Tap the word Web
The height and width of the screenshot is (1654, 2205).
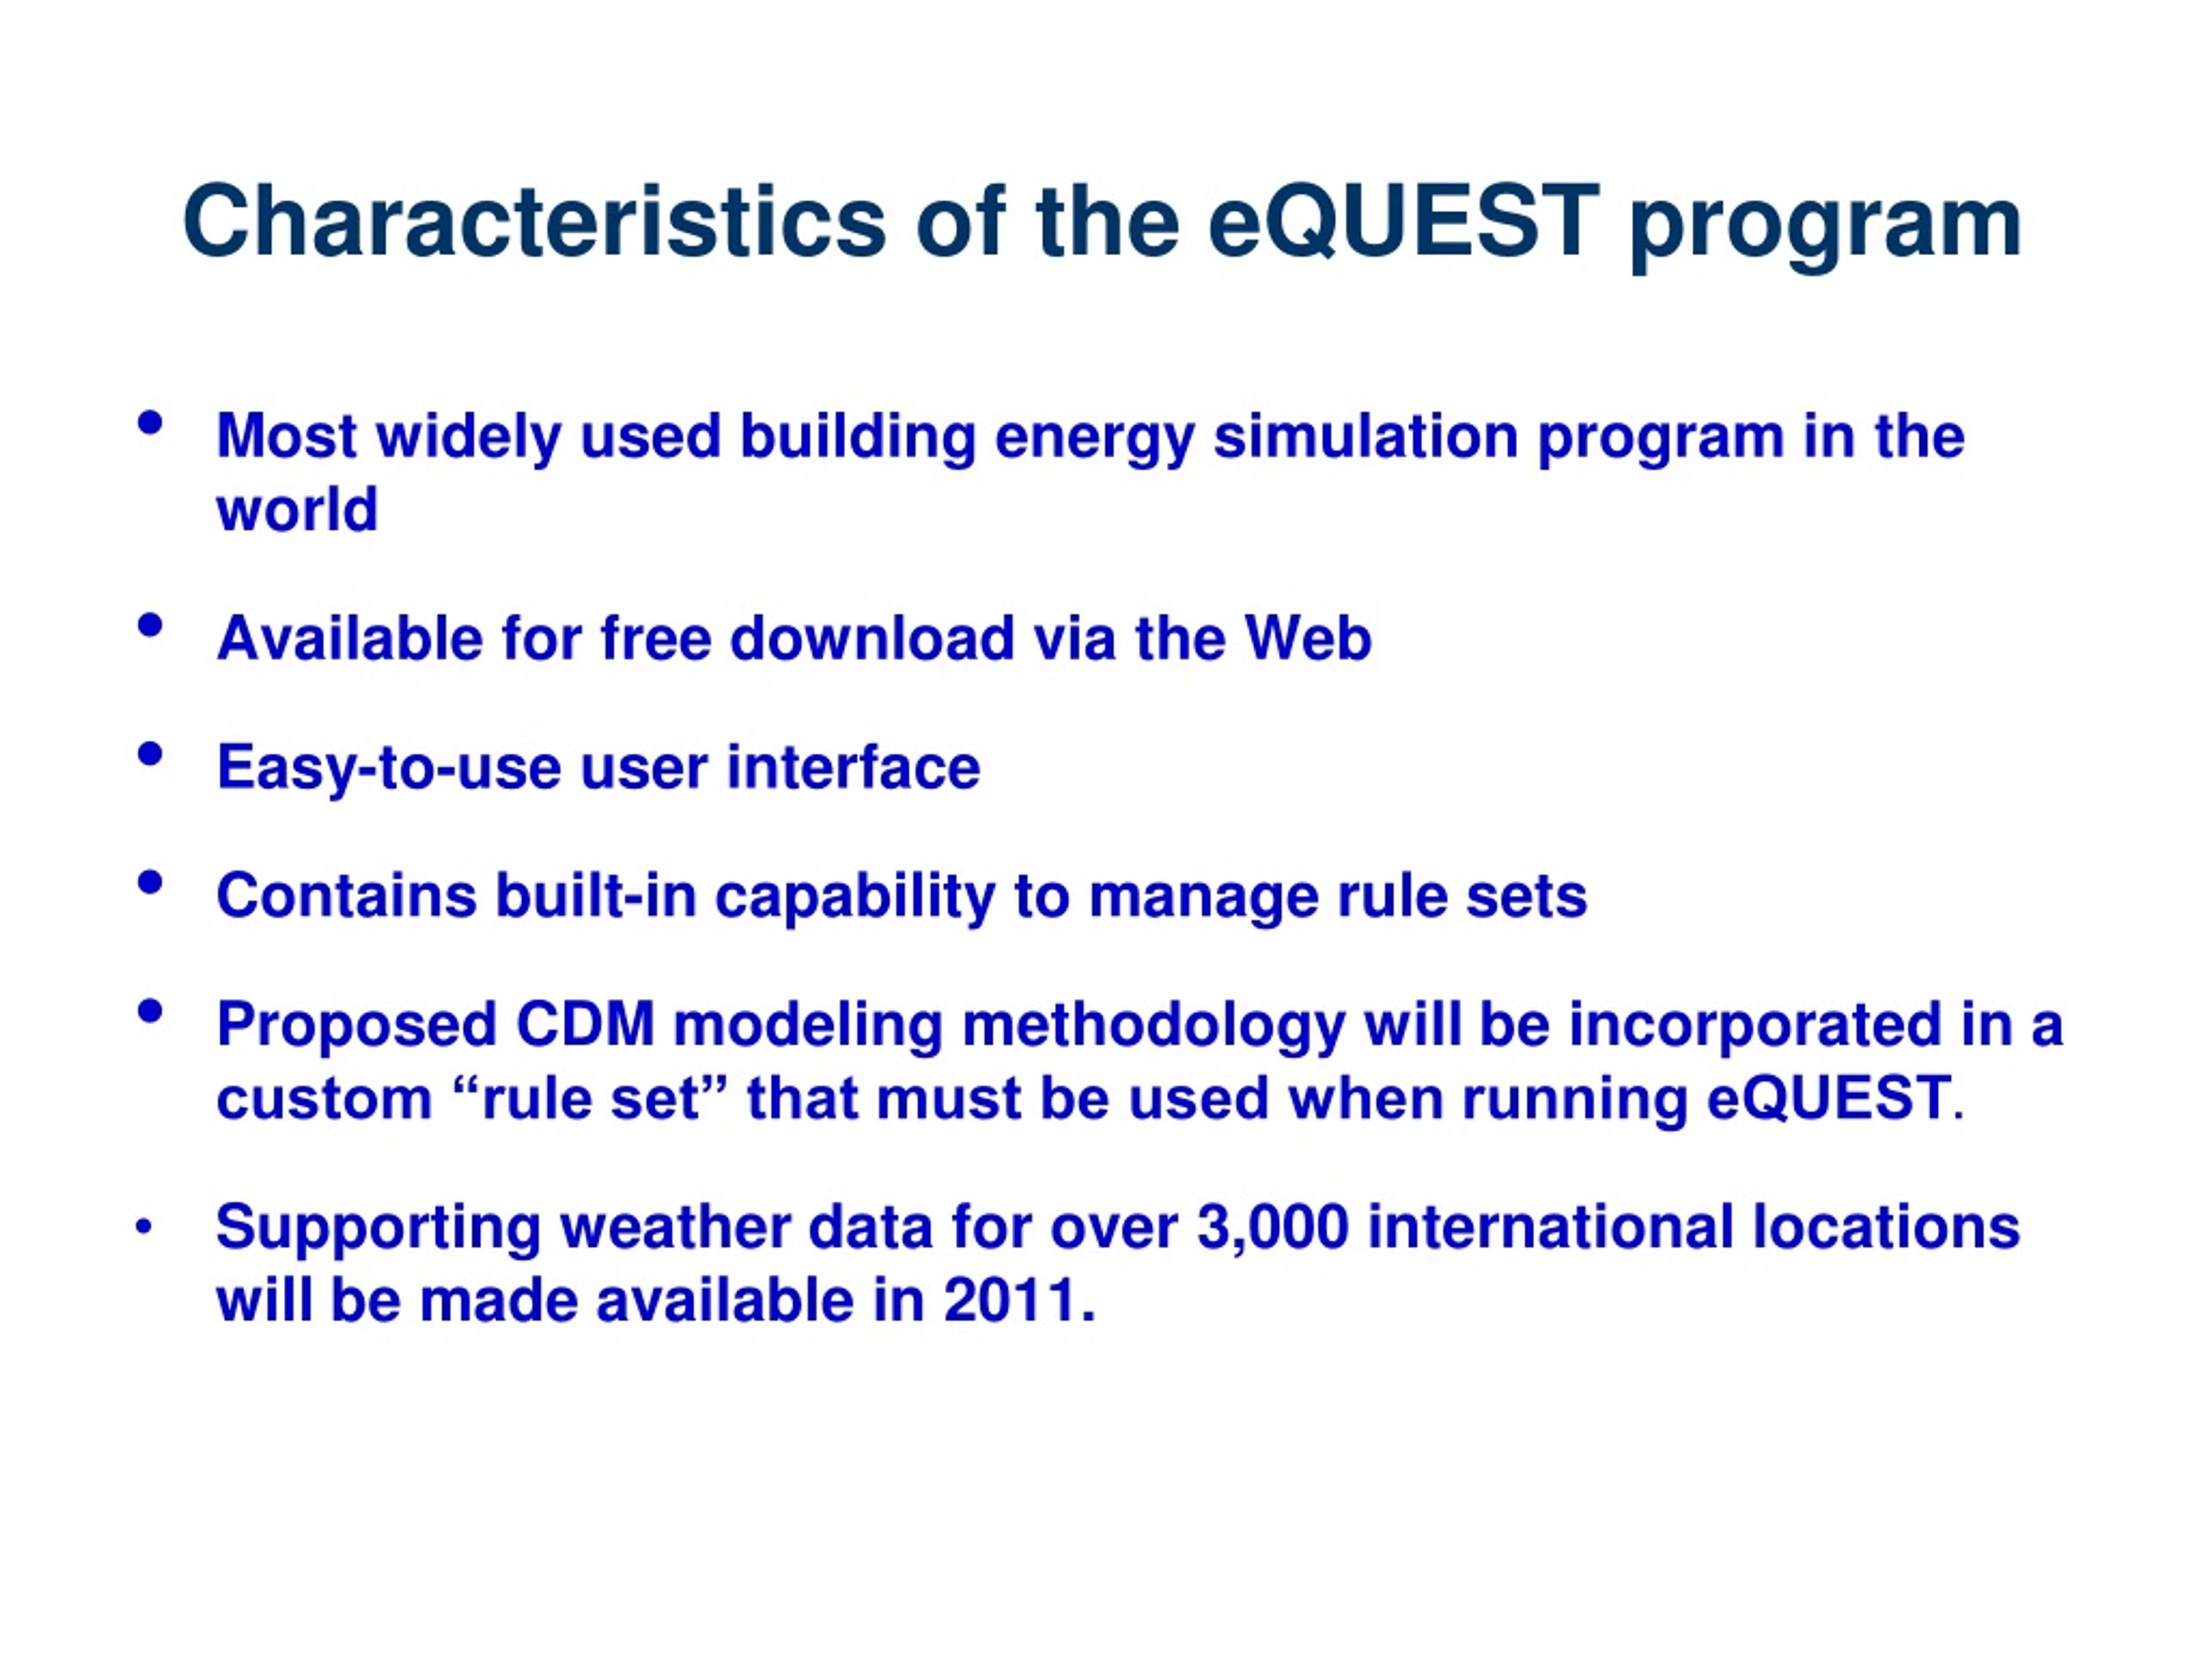1307,638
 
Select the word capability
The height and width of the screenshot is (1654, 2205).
855,896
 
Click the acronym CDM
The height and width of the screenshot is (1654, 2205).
585,1025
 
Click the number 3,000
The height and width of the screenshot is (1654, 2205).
1273,1228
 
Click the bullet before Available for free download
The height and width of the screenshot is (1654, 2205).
151,626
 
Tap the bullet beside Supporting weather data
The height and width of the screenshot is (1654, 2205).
145,1228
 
